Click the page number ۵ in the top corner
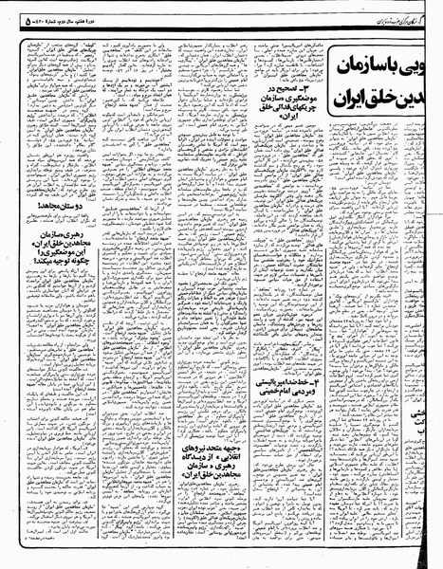click(x=9, y=12)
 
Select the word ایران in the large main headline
click(x=342, y=98)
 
